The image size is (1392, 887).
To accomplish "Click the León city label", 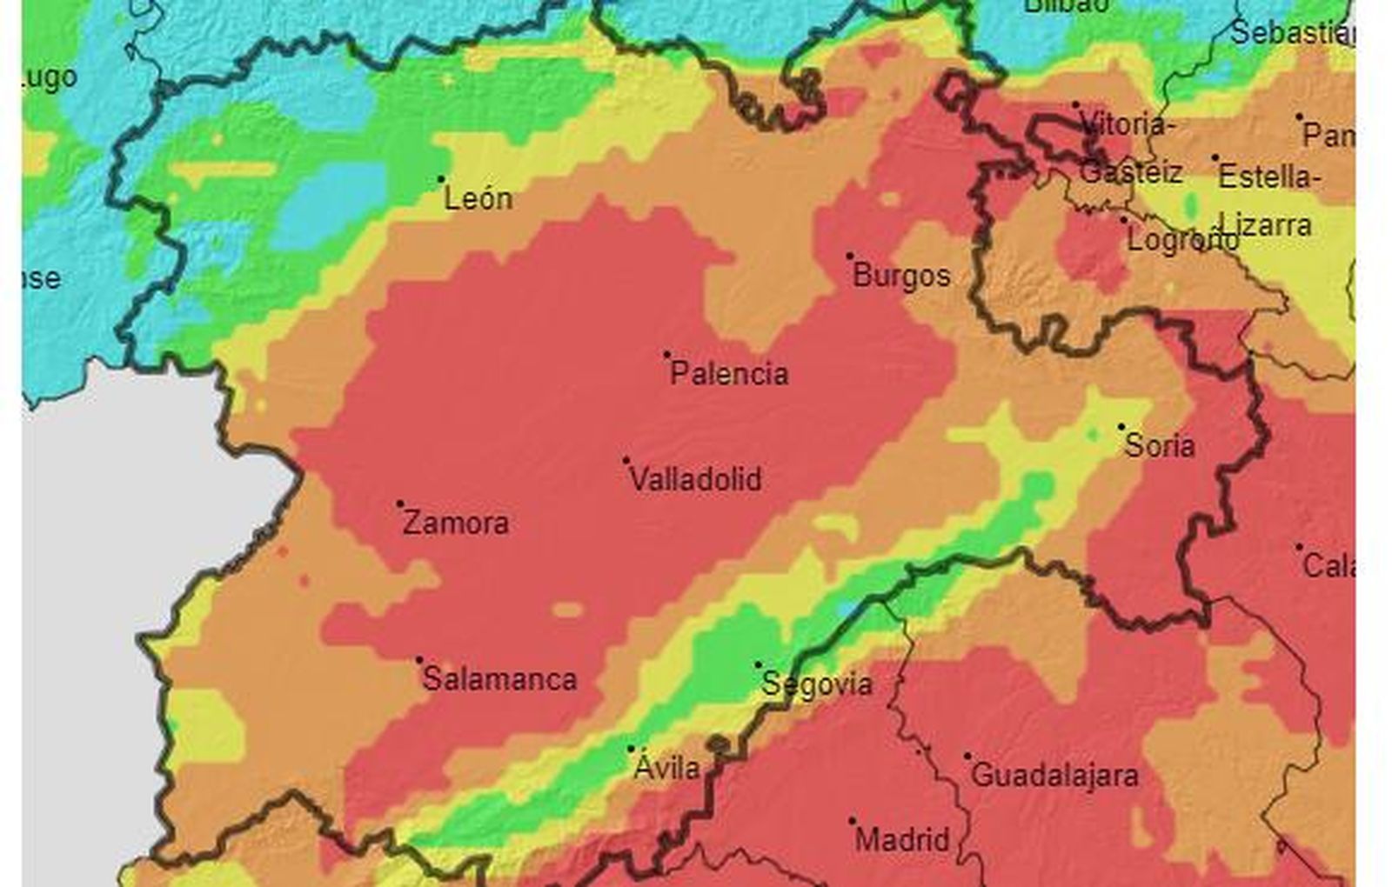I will [x=478, y=199].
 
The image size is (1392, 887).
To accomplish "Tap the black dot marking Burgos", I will [x=850, y=256].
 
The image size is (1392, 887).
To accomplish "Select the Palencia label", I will [x=729, y=374].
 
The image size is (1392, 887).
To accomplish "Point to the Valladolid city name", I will [x=695, y=479].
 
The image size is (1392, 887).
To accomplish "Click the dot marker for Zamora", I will [x=400, y=504].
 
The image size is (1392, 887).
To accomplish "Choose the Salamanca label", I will [x=499, y=679].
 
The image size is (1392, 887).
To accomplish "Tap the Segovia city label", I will [x=816, y=684].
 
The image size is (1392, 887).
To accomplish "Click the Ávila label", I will [x=666, y=768].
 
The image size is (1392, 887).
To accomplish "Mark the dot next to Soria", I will [x=1121, y=426].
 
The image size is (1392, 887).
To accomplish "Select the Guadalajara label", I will [x=1054, y=775].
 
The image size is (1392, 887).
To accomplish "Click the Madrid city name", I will [x=902, y=840].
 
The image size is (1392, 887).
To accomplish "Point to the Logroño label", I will [x=1182, y=240].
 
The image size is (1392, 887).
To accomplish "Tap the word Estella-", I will [x=1268, y=177].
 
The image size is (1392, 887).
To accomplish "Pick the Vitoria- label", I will [x=1128, y=125].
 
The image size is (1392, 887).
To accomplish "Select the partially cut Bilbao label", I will [x=1067, y=6].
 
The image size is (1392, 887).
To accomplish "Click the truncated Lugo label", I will [x=50, y=78].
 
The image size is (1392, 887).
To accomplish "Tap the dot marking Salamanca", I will [x=419, y=660].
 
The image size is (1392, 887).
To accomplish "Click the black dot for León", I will [x=441, y=179].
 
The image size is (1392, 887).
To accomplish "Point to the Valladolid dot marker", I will [x=626, y=460].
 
